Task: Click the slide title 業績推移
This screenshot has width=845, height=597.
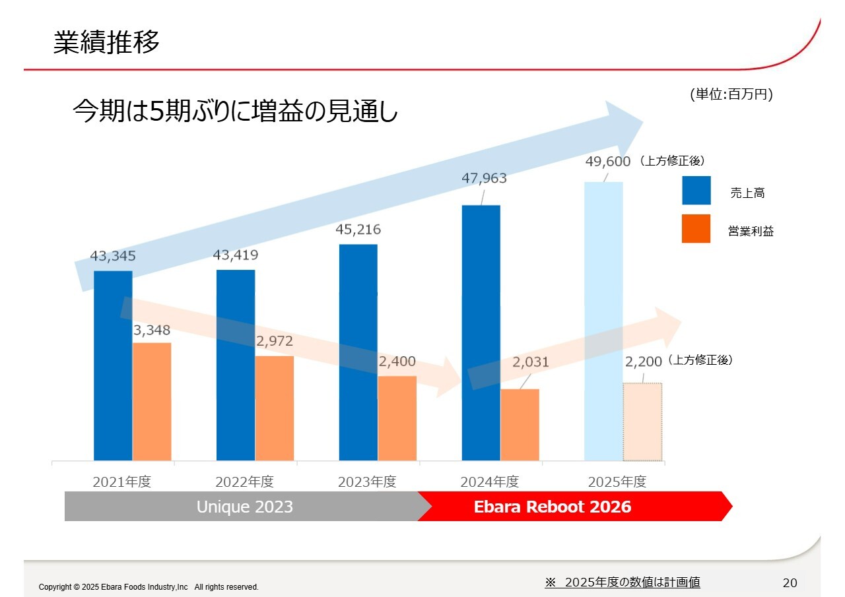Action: pyautogui.click(x=106, y=43)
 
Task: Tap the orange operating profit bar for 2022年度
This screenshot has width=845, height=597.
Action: pyautogui.click(x=275, y=409)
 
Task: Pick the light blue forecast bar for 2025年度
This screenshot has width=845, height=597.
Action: pyautogui.click(x=603, y=323)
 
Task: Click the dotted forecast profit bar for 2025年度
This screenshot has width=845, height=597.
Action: pyautogui.click(x=642, y=422)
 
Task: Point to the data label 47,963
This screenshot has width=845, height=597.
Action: pyautogui.click(x=485, y=179)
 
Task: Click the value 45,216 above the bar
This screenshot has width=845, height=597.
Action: pyautogui.click(x=359, y=230)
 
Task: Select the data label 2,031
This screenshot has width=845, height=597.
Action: pyautogui.click(x=531, y=362)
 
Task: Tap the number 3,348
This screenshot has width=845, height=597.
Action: pyautogui.click(x=152, y=330)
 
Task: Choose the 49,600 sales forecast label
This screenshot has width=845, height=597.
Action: pyautogui.click(x=607, y=162)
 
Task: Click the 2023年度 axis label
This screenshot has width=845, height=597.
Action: pyautogui.click(x=367, y=482)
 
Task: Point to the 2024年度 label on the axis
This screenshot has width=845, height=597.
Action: pyautogui.click(x=490, y=482)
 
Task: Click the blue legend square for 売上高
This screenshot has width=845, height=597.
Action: pyautogui.click(x=696, y=191)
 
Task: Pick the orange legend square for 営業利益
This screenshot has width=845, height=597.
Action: pyautogui.click(x=696, y=229)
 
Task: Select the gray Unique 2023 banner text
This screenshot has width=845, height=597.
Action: pyautogui.click(x=245, y=507)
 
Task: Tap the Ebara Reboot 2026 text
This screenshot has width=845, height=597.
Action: pyautogui.click(x=553, y=507)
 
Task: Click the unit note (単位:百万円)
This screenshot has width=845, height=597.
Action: pyautogui.click(x=731, y=95)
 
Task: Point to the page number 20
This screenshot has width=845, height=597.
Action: pyautogui.click(x=790, y=582)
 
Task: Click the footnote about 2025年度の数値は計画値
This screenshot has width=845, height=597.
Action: pyautogui.click(x=623, y=582)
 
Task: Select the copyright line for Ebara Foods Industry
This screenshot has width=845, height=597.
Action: pyautogui.click(x=149, y=587)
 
